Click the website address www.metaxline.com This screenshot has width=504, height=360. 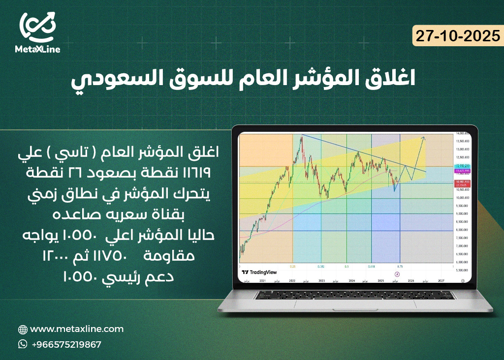tap(77, 329)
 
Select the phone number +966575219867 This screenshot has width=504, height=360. tap(66, 344)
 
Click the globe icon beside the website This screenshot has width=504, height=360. tap(23, 330)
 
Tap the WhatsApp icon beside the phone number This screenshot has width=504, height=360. tap(23, 344)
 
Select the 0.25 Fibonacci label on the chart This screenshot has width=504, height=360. tap(293, 266)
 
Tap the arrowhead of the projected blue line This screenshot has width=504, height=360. tap(424, 138)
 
